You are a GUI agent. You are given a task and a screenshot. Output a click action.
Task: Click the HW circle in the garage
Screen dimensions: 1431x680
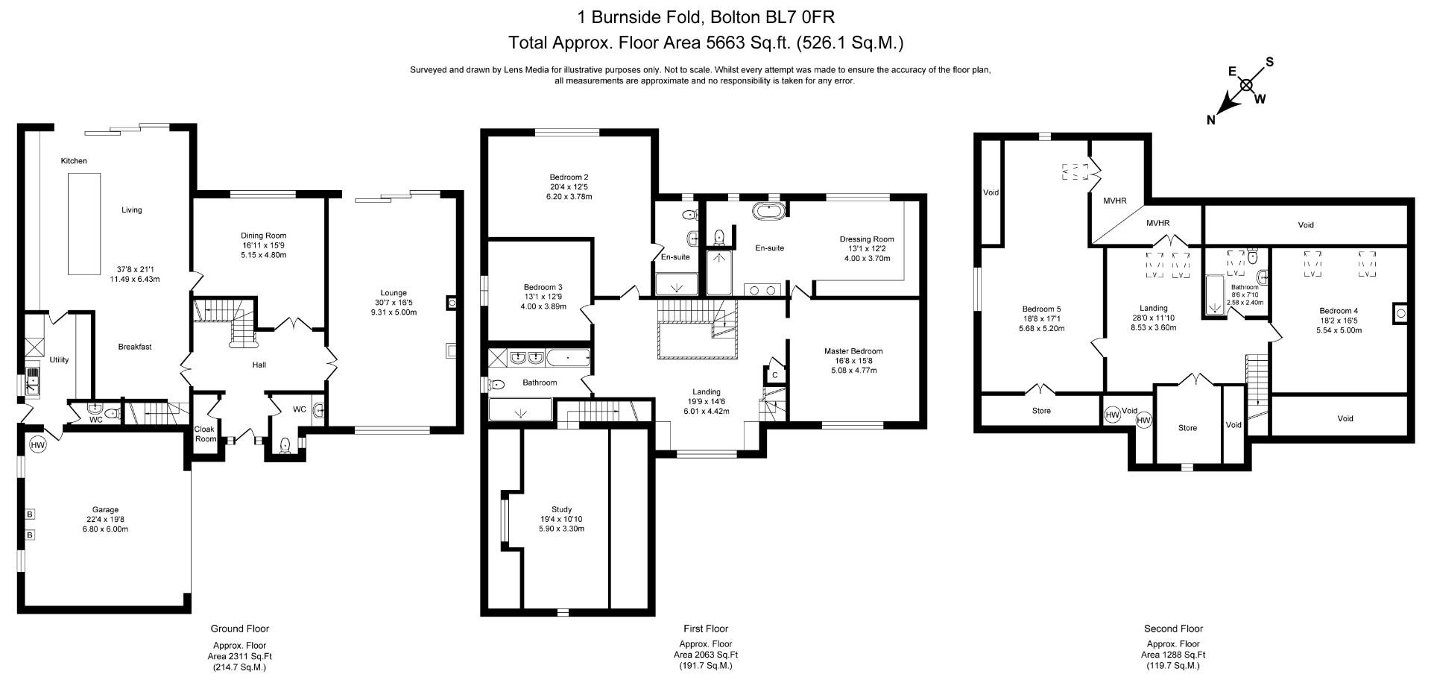tap(38, 445)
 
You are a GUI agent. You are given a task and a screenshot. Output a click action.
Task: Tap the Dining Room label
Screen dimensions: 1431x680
tap(263, 236)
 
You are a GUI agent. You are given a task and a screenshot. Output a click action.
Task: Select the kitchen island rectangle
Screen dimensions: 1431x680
tap(84, 224)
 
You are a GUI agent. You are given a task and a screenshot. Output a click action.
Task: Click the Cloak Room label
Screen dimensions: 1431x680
tap(204, 434)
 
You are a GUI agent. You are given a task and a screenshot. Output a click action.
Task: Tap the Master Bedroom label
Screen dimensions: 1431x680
tap(853, 351)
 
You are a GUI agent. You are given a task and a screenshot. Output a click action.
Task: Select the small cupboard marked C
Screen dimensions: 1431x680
tap(775, 375)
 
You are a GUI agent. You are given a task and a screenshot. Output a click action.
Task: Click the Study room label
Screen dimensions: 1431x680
tap(561, 510)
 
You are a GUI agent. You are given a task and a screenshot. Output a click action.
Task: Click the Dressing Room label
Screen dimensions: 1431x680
tap(866, 239)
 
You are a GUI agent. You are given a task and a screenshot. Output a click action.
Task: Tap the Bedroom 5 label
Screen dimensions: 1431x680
tap(1041, 309)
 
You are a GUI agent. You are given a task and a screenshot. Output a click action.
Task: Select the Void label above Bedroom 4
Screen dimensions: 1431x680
tap(1306, 224)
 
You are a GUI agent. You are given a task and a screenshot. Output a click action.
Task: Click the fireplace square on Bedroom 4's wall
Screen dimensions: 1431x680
tap(1400, 314)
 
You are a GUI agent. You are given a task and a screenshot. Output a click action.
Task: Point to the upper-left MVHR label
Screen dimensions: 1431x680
tap(1115, 201)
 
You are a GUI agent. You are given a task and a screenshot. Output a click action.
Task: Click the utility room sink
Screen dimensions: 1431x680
tap(34, 380)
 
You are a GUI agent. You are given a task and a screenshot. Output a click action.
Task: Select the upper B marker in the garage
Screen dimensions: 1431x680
tap(30, 514)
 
